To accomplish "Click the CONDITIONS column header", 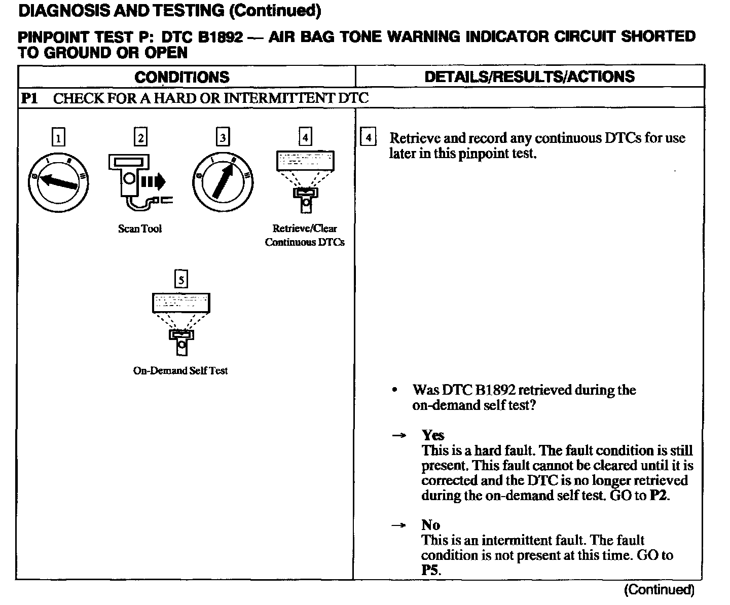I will (x=182, y=77).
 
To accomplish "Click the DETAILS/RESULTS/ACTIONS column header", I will (x=529, y=77).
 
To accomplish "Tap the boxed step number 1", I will (x=59, y=137).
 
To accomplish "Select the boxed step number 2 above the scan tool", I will (x=140, y=137).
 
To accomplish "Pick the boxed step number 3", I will (x=223, y=137).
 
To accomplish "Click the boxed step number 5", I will (x=181, y=279).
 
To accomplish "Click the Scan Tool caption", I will (x=140, y=229).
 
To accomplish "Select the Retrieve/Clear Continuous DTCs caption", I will (x=305, y=235).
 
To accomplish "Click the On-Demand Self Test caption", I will (x=180, y=370).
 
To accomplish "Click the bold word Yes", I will (x=433, y=435).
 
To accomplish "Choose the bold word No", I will (x=430, y=525).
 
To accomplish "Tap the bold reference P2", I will (x=659, y=495).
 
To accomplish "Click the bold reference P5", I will (x=429, y=570).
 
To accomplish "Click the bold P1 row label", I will (x=29, y=98).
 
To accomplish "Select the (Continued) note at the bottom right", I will (x=659, y=589).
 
